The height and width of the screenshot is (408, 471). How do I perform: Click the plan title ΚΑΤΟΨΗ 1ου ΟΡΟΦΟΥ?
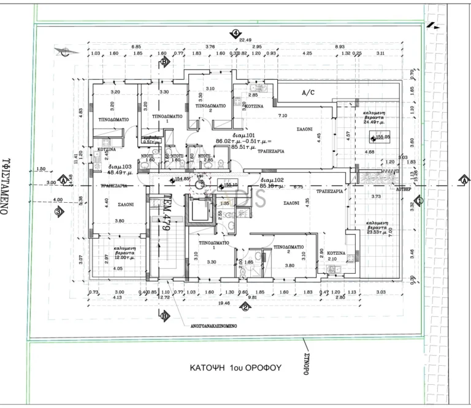pyautogui.click(x=235, y=368)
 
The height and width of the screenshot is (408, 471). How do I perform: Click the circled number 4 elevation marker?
pyautogui.click(x=234, y=34)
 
